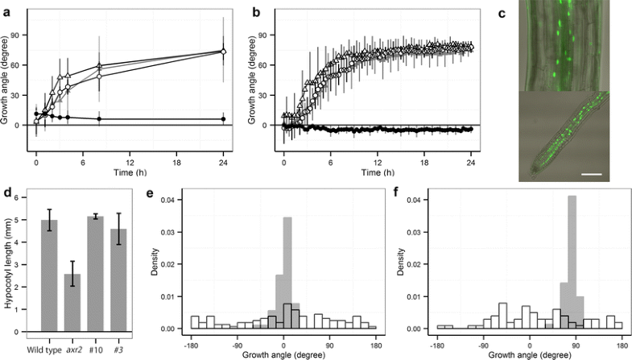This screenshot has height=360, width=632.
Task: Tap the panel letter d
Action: (6, 192)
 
